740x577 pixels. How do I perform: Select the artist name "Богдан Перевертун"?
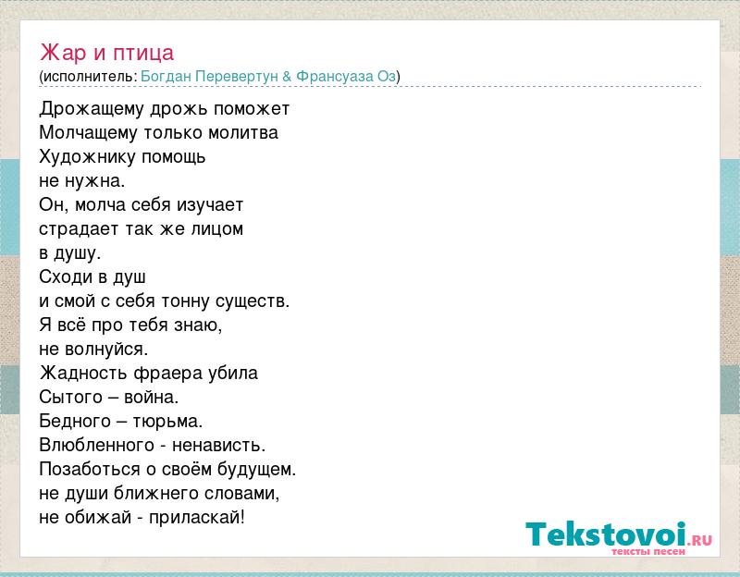point(209,77)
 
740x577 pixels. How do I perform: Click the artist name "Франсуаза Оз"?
point(346,77)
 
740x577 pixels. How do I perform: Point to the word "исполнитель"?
point(88,77)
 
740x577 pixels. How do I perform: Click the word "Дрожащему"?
point(92,109)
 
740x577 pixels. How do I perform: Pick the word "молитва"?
point(243,132)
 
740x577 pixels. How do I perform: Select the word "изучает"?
point(210,205)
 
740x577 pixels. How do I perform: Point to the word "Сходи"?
point(66,276)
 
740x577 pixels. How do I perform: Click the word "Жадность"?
point(83,374)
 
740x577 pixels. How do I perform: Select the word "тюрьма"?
point(166,422)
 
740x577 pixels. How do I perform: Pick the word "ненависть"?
point(216,446)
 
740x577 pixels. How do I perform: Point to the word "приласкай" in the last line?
point(195,518)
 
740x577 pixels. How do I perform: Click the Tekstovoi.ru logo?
point(619,538)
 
